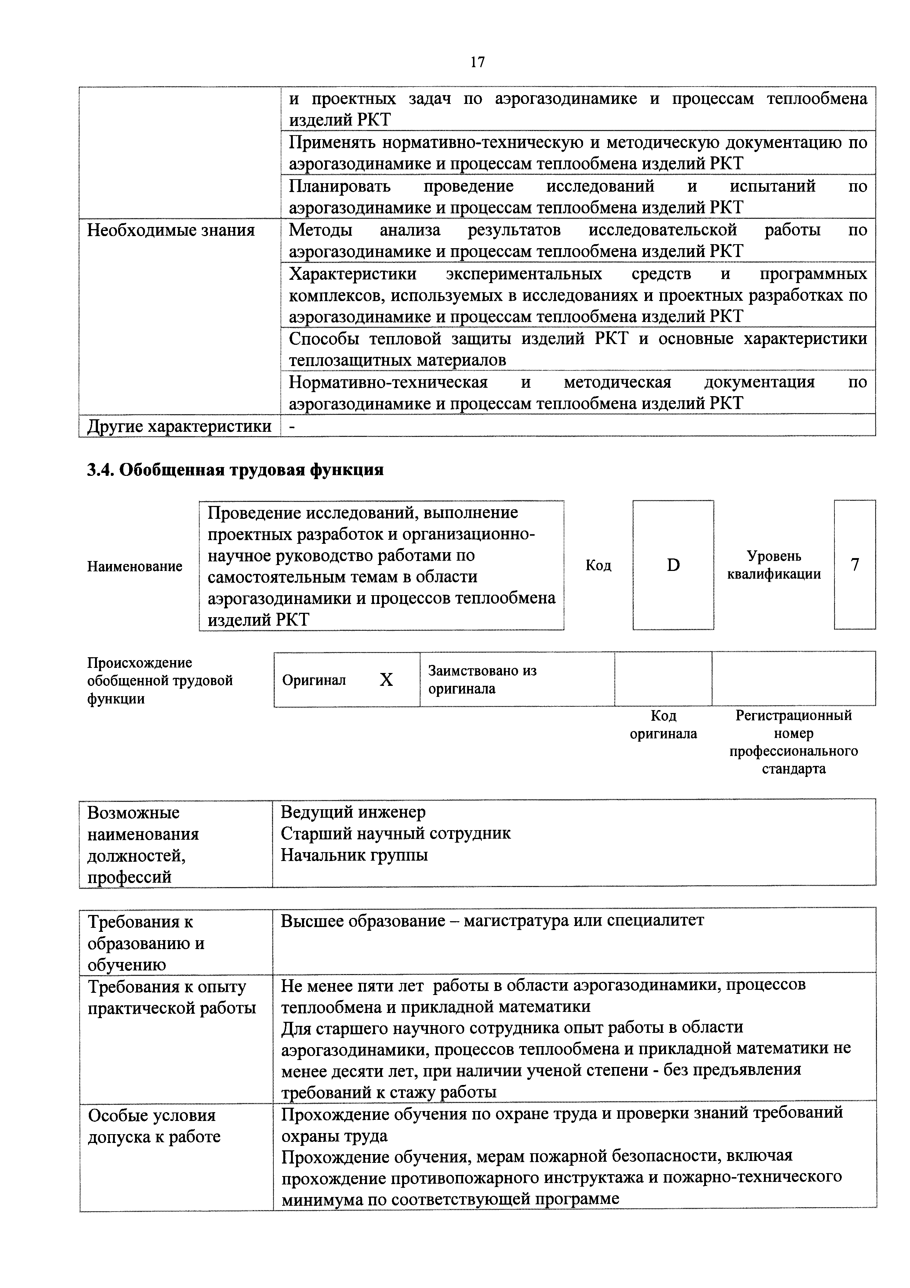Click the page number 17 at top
point(477,62)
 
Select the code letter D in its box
point(673,565)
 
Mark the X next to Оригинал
point(386,680)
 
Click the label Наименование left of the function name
point(135,566)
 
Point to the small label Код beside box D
point(598,565)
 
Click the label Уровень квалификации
point(774,565)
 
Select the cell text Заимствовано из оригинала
point(482,679)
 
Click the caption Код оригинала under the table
point(663,724)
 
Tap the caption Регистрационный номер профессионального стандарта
point(793,742)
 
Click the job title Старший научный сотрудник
point(395,833)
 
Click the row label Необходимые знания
point(171,230)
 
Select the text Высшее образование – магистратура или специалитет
point(492,920)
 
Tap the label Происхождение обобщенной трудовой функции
point(159,680)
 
